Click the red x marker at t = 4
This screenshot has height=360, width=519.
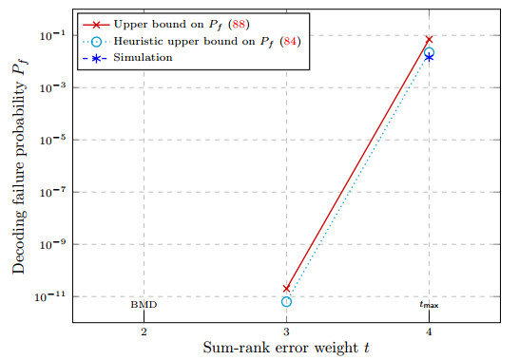pos(429,40)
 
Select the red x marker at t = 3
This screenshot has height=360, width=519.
pos(287,289)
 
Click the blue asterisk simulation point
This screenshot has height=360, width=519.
pos(429,58)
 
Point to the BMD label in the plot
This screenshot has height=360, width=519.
pos(144,304)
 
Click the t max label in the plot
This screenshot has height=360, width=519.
pos(429,305)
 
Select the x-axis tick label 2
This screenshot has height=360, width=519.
pos(144,332)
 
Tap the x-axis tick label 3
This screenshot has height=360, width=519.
pos(287,332)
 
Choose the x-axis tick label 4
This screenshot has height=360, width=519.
pos(429,332)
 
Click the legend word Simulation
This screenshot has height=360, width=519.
pos(143,58)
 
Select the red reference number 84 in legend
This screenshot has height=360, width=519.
pos(290,42)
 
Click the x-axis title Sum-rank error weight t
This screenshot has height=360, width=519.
pos(287,348)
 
